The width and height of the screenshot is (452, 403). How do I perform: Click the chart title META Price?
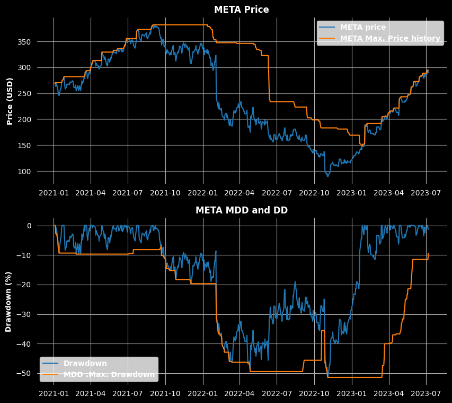pyautogui.click(x=242, y=10)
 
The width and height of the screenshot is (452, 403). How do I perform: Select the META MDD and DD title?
pyautogui.click(x=242, y=210)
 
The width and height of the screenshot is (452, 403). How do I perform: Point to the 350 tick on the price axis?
pyautogui.click(x=24, y=42)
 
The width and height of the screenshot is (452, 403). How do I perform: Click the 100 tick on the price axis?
pyautogui.click(x=24, y=172)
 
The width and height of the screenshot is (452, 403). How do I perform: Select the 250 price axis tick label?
pyautogui.click(x=24, y=93)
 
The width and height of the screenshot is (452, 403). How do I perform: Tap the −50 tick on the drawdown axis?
pyautogui.click(x=24, y=373)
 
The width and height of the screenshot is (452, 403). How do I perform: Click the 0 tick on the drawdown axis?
pyautogui.click(x=29, y=226)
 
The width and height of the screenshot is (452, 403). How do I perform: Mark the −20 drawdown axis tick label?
pyautogui.click(x=24, y=285)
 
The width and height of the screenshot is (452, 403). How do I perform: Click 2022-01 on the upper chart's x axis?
pyautogui.click(x=203, y=193)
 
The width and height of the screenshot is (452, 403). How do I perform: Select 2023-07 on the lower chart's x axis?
pyautogui.click(x=426, y=393)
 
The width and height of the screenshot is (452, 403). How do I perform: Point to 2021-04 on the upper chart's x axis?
pyautogui.click(x=91, y=193)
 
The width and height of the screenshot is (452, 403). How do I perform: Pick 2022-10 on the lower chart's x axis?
pyautogui.click(x=314, y=393)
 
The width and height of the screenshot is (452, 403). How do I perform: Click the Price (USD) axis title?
pyautogui.click(x=10, y=101)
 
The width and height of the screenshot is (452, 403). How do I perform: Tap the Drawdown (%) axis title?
pyautogui.click(x=8, y=302)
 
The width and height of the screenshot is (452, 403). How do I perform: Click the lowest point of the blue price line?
pyautogui.click(x=328, y=176)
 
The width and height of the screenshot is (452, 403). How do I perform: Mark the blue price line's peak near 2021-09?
pyautogui.click(x=155, y=25)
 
